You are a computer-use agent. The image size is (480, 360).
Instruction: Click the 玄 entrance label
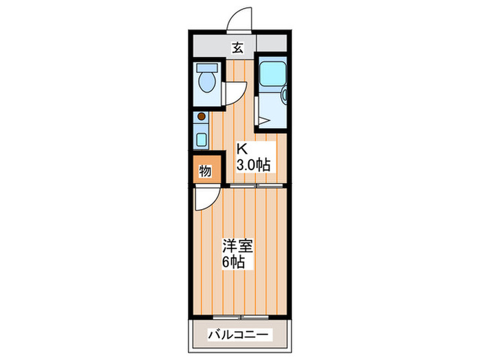coord(237,47)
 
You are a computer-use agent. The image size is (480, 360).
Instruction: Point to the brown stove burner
coord(201,117)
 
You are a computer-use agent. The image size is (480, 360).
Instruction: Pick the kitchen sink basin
coord(201,139)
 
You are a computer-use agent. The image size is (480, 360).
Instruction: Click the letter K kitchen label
coord(242,148)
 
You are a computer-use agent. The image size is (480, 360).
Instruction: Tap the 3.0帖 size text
coord(253,164)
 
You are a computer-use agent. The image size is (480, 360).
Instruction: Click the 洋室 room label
coord(234,244)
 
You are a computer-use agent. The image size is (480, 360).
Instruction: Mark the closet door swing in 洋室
coord(205,199)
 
